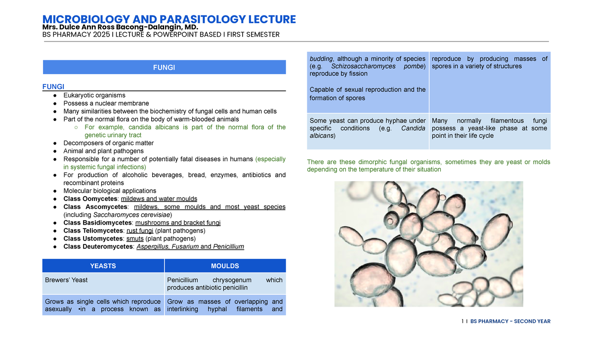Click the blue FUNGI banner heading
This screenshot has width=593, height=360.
tap(164, 67)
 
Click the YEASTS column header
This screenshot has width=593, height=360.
tap(103, 266)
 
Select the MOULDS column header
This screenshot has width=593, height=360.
tap(225, 266)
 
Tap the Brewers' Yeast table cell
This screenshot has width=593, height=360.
tap(66, 280)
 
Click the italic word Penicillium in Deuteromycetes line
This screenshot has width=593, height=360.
tap(228, 246)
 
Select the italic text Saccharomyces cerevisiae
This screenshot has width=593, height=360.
tap(131, 215)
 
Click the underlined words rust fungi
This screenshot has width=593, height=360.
tap(139, 231)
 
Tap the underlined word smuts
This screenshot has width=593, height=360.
tap(135, 239)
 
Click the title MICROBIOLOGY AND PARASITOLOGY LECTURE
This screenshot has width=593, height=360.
tap(169, 19)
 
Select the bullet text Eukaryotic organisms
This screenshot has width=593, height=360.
tap(94, 95)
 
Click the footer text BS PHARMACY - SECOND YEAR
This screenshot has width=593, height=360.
tap(510, 321)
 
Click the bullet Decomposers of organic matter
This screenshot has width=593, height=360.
tap(108, 143)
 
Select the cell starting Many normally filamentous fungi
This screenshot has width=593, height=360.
tap(489, 128)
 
